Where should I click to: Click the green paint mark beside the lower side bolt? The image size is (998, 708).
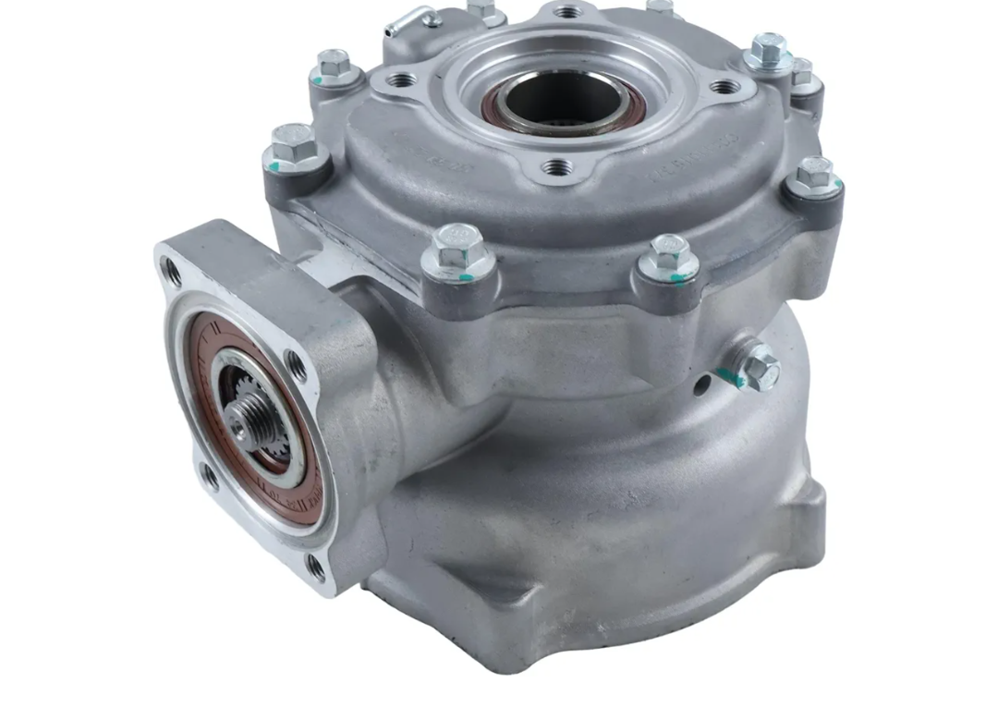point(730,375)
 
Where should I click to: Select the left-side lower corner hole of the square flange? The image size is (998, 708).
point(210,477)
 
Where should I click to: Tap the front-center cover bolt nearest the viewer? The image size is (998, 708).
point(456,247)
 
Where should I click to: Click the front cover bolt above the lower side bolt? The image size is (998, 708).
point(667,254)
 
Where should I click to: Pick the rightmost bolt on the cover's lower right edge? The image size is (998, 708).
point(813,174)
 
